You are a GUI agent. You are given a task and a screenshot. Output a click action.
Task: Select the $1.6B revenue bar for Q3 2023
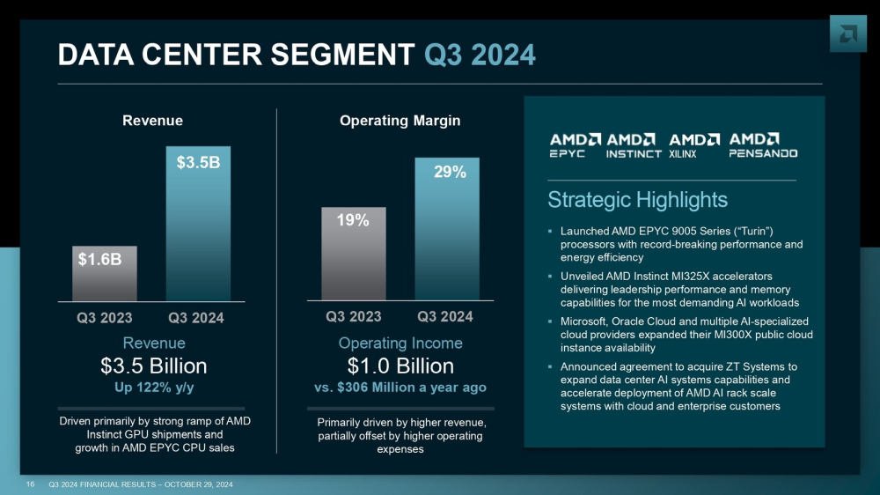pyautogui.click(x=104, y=273)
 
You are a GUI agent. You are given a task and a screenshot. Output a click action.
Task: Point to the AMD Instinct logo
pyautogui.click(x=634, y=145)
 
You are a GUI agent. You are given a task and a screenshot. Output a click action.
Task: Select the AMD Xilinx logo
pyautogui.click(x=694, y=145)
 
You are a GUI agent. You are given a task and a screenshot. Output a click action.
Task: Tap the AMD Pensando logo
pyautogui.click(x=763, y=145)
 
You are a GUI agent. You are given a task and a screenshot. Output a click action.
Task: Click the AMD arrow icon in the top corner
pyautogui.click(x=848, y=33)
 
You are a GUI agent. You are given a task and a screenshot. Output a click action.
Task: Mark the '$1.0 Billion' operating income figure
pyautogui.click(x=400, y=366)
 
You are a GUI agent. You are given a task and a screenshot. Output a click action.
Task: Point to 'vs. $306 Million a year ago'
pyautogui.click(x=400, y=387)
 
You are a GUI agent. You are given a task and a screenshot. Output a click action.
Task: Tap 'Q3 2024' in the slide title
pyautogui.click(x=480, y=55)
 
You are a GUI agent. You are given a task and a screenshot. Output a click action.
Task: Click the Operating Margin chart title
pyautogui.click(x=400, y=121)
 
